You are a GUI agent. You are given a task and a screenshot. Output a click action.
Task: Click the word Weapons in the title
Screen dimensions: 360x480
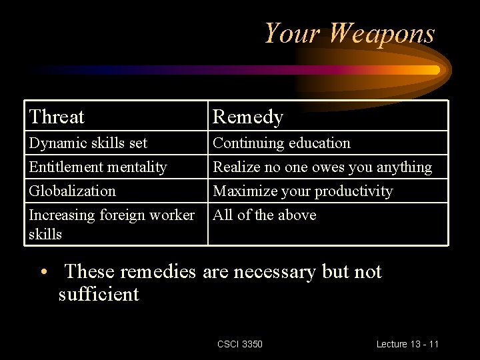click(381, 33)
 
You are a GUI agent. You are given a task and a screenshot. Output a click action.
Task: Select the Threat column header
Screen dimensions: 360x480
click(57, 117)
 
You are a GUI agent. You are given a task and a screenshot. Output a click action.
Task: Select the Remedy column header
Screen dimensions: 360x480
click(248, 117)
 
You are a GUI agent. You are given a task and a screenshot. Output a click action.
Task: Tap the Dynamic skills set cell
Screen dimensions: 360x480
click(88, 143)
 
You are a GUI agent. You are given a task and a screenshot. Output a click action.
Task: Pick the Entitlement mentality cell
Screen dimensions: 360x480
click(97, 167)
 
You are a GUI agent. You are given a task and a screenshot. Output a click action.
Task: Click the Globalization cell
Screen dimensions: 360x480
click(72, 191)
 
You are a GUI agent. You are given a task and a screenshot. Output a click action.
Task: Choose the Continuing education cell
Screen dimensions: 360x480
click(281, 143)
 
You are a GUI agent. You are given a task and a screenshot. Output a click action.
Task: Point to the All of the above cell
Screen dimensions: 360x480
click(264, 215)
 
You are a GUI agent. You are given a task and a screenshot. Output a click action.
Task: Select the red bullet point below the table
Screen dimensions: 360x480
click(43, 272)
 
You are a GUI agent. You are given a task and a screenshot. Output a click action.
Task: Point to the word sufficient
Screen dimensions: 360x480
click(99, 295)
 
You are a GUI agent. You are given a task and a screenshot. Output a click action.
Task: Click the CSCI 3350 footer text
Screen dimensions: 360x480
click(240, 344)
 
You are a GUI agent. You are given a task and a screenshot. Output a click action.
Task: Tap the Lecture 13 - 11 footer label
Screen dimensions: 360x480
click(407, 344)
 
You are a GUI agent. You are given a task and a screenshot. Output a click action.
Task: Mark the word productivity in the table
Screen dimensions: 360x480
click(353, 191)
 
